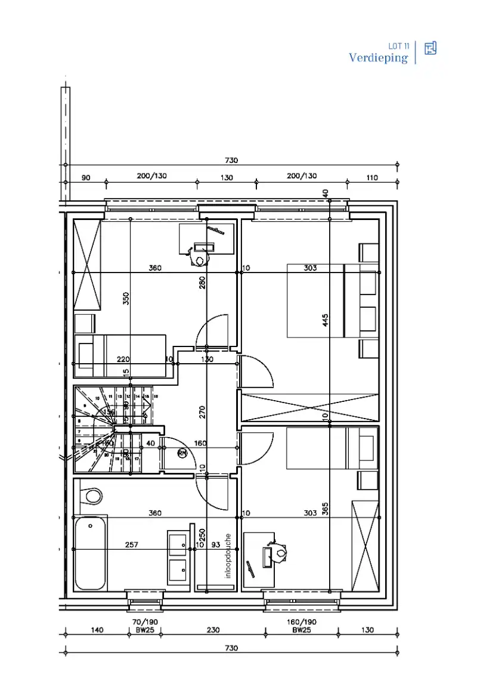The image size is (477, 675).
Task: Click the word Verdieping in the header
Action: click(x=378, y=58)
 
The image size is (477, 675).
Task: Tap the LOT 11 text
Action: click(x=398, y=46)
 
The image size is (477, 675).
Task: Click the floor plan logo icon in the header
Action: click(x=430, y=49)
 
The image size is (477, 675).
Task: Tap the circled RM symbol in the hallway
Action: click(x=182, y=454)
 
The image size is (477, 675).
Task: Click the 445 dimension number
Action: click(x=326, y=320)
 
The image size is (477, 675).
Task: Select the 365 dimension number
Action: click(x=326, y=509)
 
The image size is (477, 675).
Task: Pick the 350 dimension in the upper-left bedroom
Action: click(x=126, y=298)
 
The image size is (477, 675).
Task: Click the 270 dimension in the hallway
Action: click(x=202, y=412)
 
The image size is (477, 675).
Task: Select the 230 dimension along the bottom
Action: click(x=212, y=630)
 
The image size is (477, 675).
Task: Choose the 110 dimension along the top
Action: click(x=372, y=177)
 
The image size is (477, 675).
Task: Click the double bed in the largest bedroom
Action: click(x=316, y=301)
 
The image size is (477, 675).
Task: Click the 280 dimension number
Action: click(x=202, y=282)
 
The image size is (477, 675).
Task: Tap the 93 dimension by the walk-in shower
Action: click(x=215, y=545)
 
